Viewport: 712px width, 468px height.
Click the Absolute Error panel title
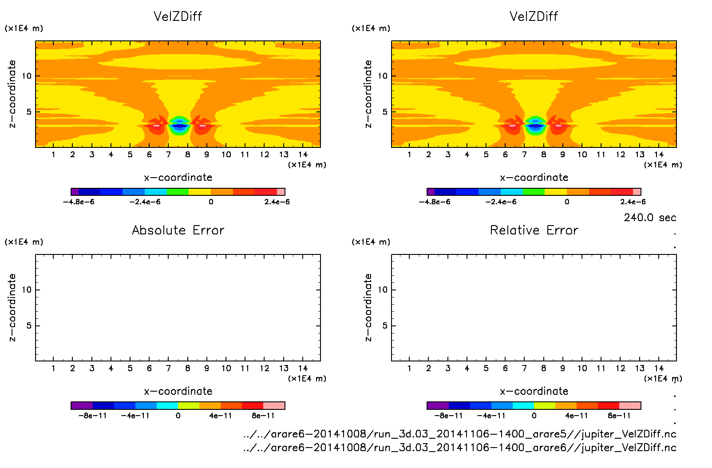pos(178,230)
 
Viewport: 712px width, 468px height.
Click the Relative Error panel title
pos(534,230)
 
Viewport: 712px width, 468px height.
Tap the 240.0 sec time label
pos(650,218)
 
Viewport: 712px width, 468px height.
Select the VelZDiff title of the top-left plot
pos(178,16)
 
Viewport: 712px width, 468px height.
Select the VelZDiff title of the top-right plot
pos(534,16)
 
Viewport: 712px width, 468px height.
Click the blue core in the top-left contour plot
pos(179,127)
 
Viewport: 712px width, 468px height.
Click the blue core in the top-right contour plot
pos(535,127)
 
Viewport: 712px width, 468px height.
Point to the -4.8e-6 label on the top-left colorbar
pos(79,202)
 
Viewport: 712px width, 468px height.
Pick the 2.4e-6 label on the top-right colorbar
pos(633,202)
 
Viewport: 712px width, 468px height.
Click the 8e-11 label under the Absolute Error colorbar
pos(263,416)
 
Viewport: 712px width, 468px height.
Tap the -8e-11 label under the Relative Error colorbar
pos(448,416)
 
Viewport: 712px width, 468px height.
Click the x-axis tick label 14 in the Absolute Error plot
pos(303,368)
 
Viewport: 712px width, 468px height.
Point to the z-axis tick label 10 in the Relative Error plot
pos(383,290)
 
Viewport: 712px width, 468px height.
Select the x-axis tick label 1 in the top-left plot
pos(53,155)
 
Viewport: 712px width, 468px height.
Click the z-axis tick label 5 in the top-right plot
pos(385,112)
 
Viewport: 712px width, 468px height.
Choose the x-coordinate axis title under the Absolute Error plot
pos(178,391)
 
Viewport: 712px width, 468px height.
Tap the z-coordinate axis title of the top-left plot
pos(12,94)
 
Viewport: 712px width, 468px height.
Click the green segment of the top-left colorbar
pos(178,192)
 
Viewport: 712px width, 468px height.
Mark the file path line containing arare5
pos(459,434)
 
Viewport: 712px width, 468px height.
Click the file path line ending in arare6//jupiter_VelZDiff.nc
pos(459,448)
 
